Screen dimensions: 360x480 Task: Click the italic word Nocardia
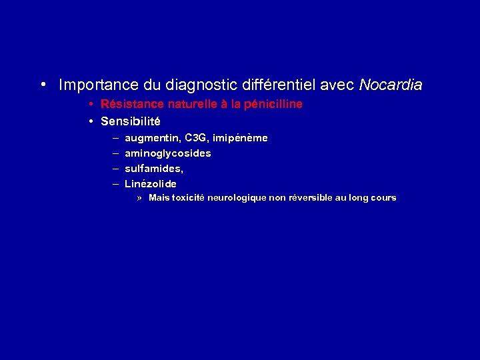pos(390,85)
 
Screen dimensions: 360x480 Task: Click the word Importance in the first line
pos(99,85)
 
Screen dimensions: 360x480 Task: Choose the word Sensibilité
pos(131,121)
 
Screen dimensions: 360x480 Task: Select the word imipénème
pos(241,138)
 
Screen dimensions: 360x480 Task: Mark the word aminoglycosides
pos(168,153)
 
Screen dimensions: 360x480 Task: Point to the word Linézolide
pos(151,183)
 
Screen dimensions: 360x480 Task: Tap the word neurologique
pos(237,197)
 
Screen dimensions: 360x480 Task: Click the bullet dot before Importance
pos(42,85)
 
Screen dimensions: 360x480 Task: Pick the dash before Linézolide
pos(115,183)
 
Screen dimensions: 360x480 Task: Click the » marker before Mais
pos(140,198)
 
